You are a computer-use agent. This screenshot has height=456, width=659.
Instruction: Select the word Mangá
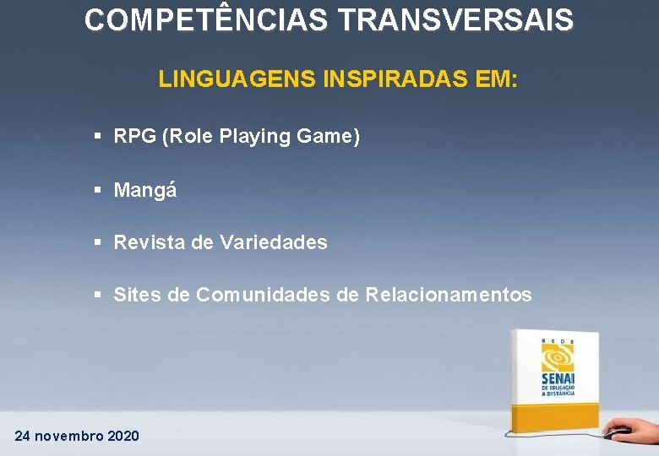click(x=145, y=190)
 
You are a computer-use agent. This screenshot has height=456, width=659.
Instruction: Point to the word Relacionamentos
click(x=449, y=295)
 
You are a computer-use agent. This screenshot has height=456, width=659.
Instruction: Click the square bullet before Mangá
click(x=98, y=189)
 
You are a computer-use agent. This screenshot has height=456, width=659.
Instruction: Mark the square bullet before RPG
click(x=98, y=136)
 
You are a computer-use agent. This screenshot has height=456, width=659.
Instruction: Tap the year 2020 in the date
click(x=123, y=436)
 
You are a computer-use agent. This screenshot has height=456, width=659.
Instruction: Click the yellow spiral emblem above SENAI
click(x=558, y=356)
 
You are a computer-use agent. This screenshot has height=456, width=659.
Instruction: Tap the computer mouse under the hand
click(x=618, y=432)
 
